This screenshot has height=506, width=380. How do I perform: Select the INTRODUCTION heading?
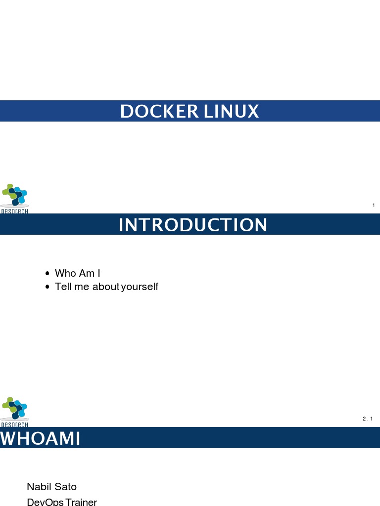[193, 225]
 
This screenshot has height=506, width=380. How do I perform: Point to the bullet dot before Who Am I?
[47, 273]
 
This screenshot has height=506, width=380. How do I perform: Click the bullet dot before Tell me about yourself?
[47, 287]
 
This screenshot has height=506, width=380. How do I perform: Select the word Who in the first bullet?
[65, 273]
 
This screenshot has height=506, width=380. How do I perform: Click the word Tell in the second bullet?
[63, 287]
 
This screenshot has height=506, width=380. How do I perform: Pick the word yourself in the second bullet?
[140, 287]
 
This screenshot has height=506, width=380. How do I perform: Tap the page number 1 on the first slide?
[373, 206]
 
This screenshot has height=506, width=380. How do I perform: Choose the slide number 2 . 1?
[367, 419]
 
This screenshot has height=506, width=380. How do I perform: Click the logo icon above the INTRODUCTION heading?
[15, 194]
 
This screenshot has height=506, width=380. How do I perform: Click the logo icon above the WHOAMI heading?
[15, 408]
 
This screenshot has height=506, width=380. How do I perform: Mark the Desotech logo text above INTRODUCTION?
[14, 211]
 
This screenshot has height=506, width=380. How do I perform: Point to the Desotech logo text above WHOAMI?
[14, 424]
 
